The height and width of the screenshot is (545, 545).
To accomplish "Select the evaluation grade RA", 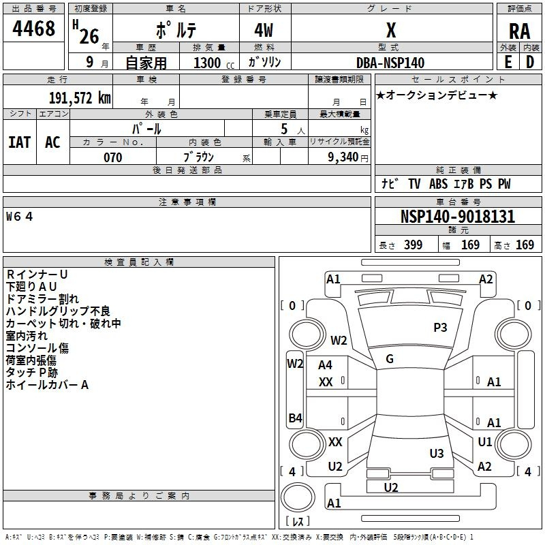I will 519,31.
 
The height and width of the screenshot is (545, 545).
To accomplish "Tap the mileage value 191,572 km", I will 80,98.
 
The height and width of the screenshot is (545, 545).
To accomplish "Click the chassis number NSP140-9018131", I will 457,217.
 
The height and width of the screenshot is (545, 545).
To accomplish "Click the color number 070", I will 112,157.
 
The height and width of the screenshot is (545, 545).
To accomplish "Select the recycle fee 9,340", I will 344,157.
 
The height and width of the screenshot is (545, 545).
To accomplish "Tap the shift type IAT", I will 19,142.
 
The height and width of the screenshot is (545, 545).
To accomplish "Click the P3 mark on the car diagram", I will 440,328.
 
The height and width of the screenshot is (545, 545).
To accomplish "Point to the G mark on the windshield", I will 390,359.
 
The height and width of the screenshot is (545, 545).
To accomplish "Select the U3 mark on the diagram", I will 437,454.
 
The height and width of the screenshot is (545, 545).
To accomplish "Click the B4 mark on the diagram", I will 295,418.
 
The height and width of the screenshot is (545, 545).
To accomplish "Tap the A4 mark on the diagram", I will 325,365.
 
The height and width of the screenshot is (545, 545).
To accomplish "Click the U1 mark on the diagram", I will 485,442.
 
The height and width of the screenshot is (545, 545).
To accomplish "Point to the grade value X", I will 390,31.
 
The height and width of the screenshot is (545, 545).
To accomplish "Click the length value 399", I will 413,245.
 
